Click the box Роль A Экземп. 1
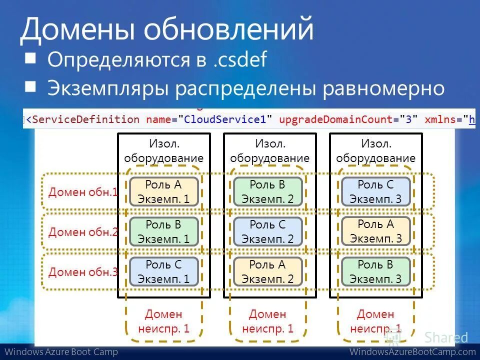[164, 191]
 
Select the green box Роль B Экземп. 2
[268, 191]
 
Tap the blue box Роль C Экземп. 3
[375, 191]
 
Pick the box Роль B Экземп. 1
[164, 231]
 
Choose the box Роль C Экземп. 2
[268, 231]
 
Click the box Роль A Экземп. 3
[375, 231]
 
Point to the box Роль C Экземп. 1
[164, 271]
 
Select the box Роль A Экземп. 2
[268, 271]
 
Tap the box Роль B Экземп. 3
[375, 271]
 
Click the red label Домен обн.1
[83, 192]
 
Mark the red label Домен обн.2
[83, 232]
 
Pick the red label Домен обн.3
[83, 272]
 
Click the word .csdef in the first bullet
[238, 60]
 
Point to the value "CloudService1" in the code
[228, 119]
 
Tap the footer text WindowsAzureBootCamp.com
[412, 352]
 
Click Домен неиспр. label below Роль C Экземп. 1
[164, 321]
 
